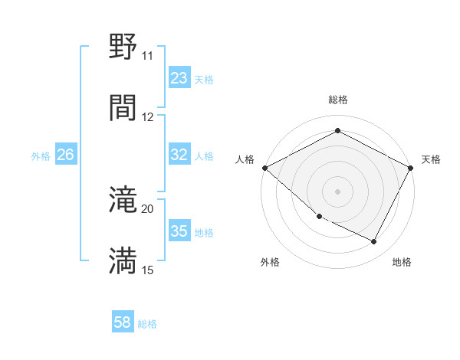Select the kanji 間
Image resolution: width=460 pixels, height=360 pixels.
pos(123,107)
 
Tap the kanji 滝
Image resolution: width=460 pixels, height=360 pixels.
pos(123,201)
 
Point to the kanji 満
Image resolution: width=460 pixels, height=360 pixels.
pos(123,260)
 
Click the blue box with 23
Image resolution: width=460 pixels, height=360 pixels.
pos(179,78)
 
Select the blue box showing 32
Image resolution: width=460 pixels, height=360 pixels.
pos(179,155)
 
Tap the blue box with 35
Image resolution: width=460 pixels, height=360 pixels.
pos(179,231)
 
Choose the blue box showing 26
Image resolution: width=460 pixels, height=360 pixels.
pos(65,155)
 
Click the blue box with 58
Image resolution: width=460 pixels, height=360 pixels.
pos(122,322)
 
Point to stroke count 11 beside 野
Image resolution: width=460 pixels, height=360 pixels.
pos(147,56)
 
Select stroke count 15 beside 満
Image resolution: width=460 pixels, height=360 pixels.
pos(147,270)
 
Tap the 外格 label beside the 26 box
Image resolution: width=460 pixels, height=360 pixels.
pos(41,155)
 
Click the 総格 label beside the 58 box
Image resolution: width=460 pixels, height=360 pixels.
pos(147,324)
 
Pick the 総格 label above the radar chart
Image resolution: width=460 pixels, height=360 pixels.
pos(337,100)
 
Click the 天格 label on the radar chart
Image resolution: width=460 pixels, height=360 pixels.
pos(431,159)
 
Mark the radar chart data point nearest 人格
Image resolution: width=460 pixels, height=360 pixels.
pos(264,168)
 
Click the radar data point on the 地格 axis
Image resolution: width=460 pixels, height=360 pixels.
pos(374,242)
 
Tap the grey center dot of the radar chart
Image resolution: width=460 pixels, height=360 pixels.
pos(337,191)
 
